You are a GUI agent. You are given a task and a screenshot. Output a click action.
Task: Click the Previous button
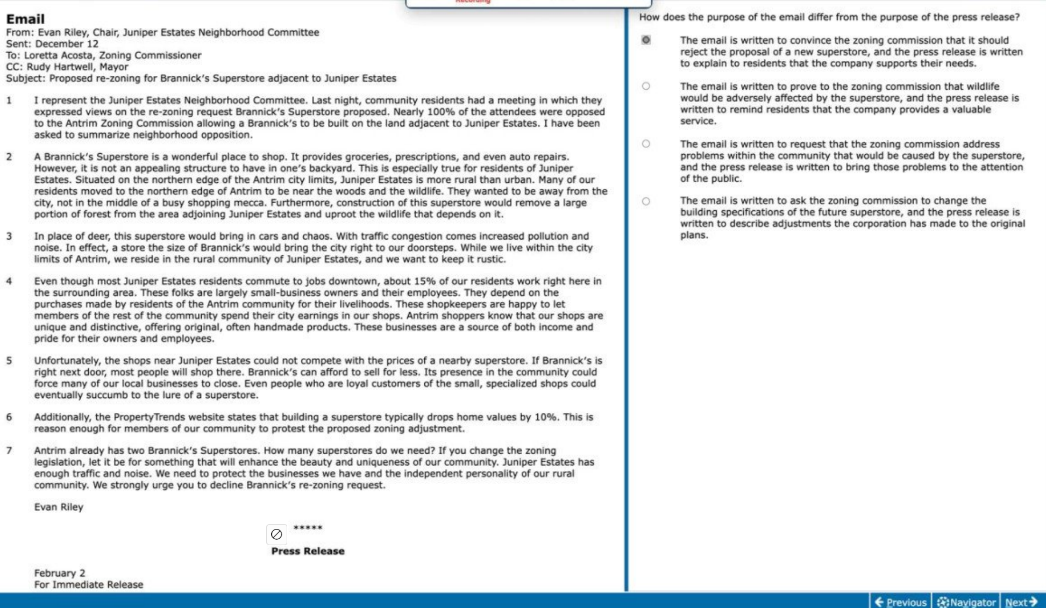901,602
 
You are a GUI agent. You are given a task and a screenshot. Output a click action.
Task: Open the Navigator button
966,602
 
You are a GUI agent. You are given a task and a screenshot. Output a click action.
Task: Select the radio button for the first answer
646,40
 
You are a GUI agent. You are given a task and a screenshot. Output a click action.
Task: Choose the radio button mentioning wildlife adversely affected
646,86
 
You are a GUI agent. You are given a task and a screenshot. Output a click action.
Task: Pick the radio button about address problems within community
646,144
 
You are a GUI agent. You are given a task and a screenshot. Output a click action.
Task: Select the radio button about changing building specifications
646,201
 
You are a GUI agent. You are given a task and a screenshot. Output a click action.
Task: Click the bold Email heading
25,19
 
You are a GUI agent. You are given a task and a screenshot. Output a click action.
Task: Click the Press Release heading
308,551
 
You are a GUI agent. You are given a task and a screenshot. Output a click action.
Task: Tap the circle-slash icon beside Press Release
276,534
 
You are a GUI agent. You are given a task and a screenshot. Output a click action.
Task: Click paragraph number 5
9,361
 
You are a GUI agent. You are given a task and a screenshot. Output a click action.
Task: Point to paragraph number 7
9,450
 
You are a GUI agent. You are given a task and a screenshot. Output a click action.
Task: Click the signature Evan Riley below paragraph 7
59,507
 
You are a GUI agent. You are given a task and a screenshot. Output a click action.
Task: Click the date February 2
60,573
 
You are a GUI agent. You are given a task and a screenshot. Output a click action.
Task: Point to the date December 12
67,44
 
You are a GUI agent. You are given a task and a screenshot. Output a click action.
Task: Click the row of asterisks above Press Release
308,528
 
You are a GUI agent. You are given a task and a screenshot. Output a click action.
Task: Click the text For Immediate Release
89,584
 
